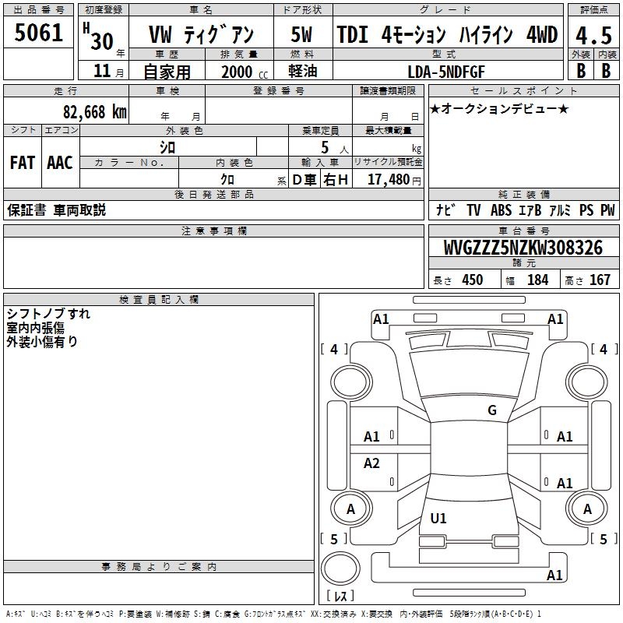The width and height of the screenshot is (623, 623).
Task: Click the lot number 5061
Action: tap(39, 34)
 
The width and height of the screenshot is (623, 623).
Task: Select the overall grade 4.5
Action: tap(592, 36)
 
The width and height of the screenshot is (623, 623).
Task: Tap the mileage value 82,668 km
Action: tap(95, 112)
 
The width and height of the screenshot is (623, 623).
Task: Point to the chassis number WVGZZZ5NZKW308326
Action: tap(523, 248)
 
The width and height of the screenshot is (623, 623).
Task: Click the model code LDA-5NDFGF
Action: tap(447, 71)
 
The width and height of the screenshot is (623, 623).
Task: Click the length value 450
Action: tap(472, 280)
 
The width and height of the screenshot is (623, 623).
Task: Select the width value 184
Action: tap(537, 280)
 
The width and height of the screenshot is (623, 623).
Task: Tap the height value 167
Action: tap(600, 280)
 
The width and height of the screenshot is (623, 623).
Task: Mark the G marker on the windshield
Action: tap(492, 410)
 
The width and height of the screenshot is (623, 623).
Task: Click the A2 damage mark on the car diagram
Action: tap(372, 464)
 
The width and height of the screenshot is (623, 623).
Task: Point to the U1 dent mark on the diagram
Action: tap(439, 519)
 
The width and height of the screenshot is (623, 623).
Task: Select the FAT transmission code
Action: tap(22, 163)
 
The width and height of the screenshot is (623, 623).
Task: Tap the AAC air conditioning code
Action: tap(60, 163)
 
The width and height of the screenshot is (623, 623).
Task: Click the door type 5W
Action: tap(302, 36)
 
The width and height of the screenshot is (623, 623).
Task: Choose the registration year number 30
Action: tap(101, 39)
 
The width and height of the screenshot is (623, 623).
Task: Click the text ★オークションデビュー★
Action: tap(499, 108)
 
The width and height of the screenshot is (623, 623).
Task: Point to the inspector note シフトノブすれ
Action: tap(48, 314)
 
